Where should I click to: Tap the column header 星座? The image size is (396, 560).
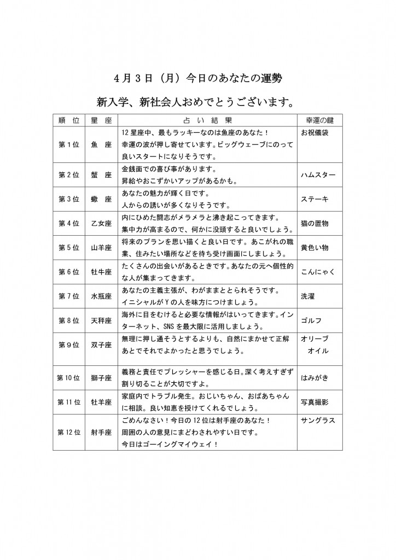(x=101, y=120)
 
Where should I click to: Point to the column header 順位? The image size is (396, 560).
(x=69, y=120)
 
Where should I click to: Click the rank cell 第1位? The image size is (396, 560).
(x=69, y=144)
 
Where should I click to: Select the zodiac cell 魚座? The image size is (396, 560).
(x=101, y=144)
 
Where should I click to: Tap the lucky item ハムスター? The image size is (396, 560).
(x=318, y=175)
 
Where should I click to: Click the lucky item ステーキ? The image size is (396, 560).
(x=315, y=200)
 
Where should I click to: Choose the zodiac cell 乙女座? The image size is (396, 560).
(x=101, y=223)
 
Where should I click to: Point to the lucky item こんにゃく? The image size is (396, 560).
(x=318, y=272)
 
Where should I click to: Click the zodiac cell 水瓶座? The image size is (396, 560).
(x=101, y=296)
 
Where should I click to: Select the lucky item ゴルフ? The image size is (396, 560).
(x=311, y=320)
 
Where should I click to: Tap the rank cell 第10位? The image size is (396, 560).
(x=69, y=378)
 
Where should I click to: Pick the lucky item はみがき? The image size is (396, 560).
(x=315, y=377)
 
